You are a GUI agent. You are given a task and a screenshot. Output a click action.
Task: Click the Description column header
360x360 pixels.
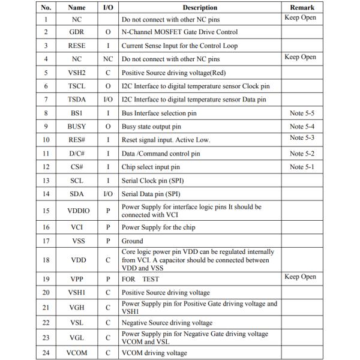point(200,8)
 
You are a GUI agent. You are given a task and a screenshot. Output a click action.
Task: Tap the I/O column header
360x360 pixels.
point(108,8)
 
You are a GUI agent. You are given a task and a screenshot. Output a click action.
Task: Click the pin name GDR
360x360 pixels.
point(76,32)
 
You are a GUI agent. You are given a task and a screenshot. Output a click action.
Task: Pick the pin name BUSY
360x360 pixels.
point(76,127)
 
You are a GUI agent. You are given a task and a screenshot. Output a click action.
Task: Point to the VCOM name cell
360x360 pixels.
point(76,353)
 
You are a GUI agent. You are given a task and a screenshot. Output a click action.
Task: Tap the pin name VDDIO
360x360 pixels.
point(76,211)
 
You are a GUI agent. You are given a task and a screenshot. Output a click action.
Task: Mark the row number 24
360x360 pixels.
point(46,353)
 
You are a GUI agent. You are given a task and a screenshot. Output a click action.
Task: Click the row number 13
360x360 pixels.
point(46,180)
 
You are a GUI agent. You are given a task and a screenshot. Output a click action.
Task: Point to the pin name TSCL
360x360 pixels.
point(76,86)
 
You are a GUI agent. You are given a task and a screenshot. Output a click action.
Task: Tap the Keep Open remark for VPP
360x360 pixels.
point(300,277)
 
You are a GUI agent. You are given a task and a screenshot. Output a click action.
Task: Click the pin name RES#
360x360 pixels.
point(76,140)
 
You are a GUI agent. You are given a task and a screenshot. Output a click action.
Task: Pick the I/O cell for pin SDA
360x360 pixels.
point(108,194)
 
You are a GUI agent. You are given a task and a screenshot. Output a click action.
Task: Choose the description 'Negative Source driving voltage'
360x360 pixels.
point(167,323)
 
